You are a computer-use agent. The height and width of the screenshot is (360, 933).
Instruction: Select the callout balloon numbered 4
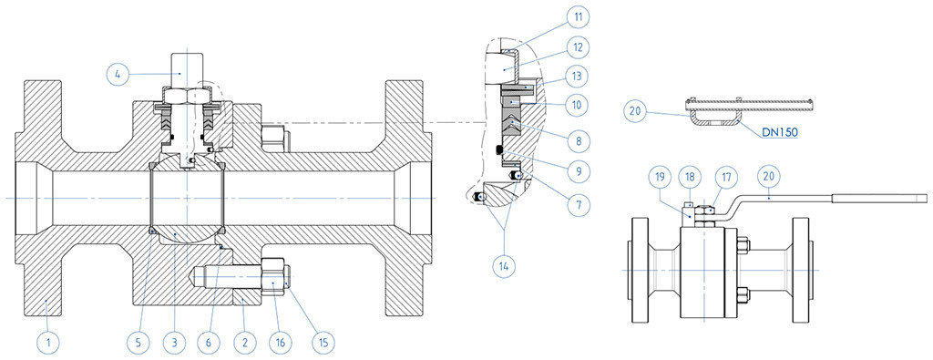click(x=118, y=75)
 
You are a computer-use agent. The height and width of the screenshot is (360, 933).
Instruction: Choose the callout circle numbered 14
click(x=505, y=266)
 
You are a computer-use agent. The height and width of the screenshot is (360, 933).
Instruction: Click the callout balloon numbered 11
click(x=576, y=17)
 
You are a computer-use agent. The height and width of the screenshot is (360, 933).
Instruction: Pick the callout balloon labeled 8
click(x=576, y=141)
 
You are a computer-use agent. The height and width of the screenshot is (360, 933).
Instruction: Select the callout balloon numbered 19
click(x=661, y=177)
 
